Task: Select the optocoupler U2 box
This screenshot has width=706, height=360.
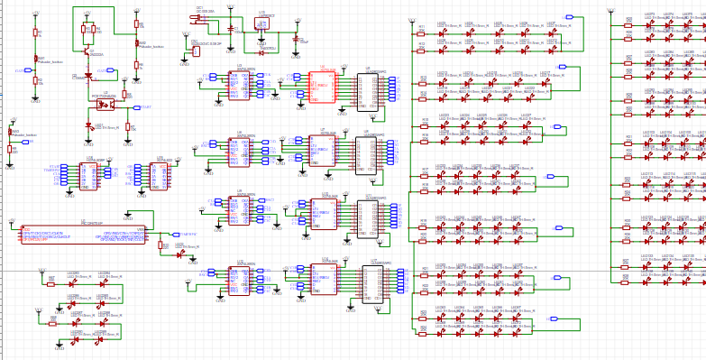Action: tap(105, 104)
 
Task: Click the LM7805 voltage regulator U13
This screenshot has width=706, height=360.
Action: tap(265, 23)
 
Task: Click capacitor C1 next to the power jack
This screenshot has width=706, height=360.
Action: tap(234, 29)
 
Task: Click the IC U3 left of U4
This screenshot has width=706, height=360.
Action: tap(240, 86)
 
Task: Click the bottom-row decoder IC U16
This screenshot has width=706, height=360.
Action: tap(323, 279)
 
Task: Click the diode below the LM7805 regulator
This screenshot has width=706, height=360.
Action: tap(261, 52)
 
